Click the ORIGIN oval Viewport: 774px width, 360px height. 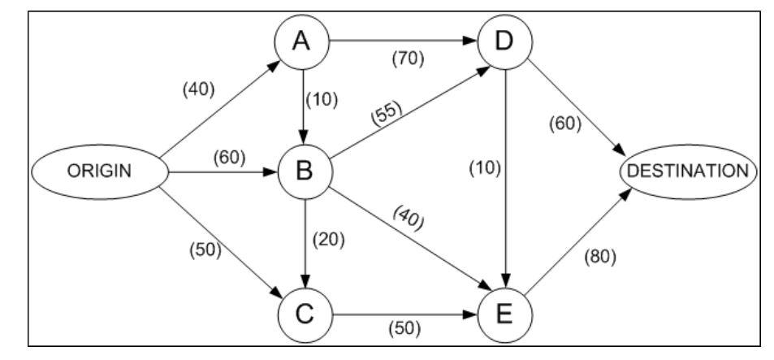tap(99, 171)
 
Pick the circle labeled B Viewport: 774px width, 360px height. tap(303, 171)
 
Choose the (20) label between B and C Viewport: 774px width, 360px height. tap(331, 240)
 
